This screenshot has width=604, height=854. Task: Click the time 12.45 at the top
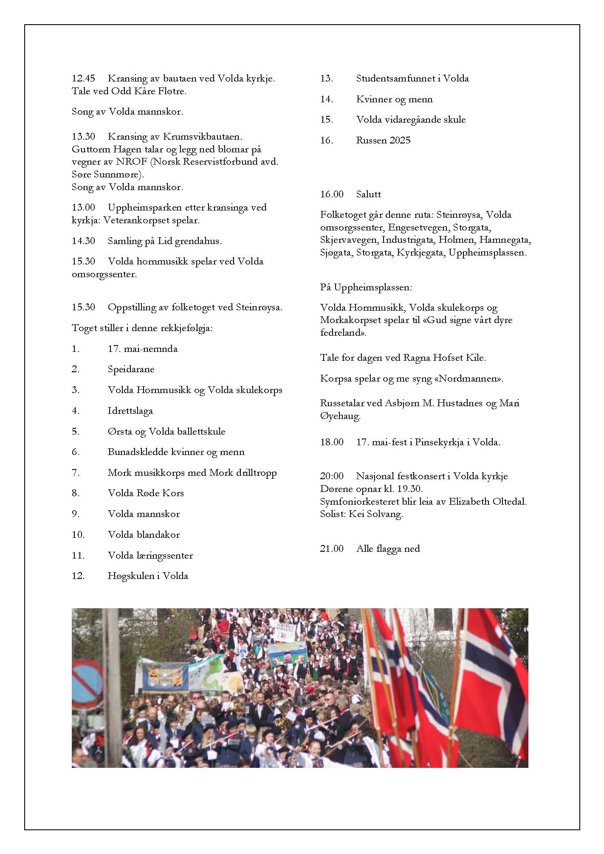tap(83, 79)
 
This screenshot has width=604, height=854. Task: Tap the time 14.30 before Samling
tap(83, 241)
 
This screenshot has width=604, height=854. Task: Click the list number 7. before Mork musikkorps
tap(76, 473)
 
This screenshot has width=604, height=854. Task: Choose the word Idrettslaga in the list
tap(130, 411)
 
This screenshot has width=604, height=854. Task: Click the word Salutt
tap(369, 194)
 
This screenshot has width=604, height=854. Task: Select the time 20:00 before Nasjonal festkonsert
tap(332, 477)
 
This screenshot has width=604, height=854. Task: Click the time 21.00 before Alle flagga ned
tap(332, 549)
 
